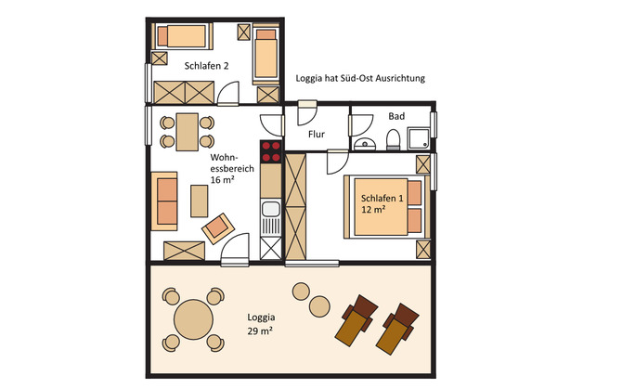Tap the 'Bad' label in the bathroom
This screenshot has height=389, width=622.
coord(397,117)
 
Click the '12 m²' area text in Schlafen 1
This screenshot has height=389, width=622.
coord(374,211)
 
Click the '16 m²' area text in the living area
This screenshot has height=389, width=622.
coord(221,180)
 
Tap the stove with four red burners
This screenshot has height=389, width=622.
coord(271,152)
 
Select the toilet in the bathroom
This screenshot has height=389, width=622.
coord(393,140)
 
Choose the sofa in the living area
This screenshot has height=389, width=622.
coord(166,200)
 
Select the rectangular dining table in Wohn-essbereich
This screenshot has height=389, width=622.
coord(187,131)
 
